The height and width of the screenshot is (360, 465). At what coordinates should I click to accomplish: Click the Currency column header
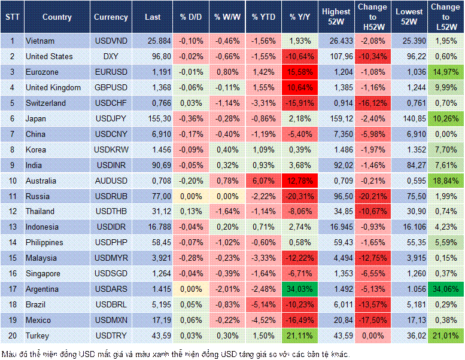111,17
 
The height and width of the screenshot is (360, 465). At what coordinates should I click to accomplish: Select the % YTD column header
263,17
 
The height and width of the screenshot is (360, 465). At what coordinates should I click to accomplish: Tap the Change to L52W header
445,17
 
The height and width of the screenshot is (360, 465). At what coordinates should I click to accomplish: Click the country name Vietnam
41,41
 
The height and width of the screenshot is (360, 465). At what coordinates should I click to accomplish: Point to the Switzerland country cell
46,103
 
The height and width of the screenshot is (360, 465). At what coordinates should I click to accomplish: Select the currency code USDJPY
111,118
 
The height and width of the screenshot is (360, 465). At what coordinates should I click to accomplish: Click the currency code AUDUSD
111,181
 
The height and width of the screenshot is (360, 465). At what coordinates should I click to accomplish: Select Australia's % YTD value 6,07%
263,181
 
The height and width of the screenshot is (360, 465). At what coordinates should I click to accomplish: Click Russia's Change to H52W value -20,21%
373,196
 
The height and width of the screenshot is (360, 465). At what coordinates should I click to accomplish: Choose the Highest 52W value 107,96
336,56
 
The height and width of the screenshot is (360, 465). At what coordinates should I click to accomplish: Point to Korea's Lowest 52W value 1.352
410,150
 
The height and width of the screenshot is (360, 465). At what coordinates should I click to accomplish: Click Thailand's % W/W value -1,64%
227,212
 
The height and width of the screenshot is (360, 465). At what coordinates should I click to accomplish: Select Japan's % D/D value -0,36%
190,118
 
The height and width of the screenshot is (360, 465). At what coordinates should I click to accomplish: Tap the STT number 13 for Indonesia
12,227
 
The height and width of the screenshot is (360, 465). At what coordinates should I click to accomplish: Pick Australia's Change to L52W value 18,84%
445,181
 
